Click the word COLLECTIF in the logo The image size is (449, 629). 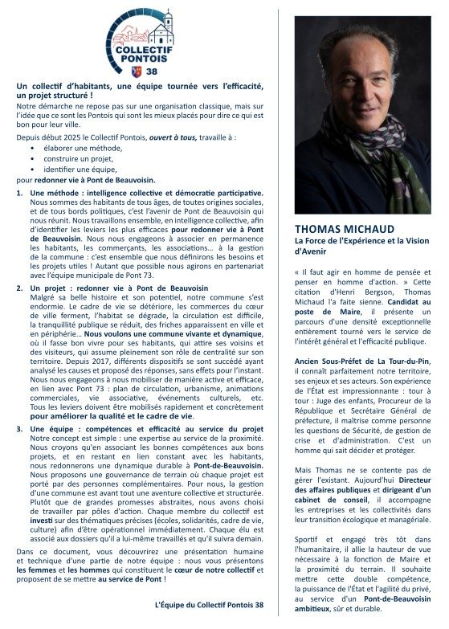[x=141, y=49]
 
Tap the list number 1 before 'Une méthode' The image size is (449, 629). [x=21, y=193]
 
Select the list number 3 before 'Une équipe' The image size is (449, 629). [x=21, y=429]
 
